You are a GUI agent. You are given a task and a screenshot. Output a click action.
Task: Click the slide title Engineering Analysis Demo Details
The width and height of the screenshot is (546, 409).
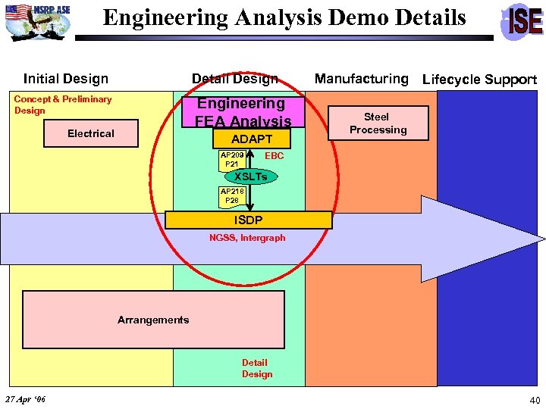point(284,18)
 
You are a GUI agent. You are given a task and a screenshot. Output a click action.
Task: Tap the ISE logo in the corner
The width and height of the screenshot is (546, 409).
point(522,21)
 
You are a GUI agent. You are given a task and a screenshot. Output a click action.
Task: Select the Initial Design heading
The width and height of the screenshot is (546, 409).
point(66,79)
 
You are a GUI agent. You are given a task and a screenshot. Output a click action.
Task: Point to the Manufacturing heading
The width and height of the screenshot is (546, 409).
point(361,79)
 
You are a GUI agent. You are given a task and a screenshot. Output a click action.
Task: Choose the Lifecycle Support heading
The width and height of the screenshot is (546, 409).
point(479,80)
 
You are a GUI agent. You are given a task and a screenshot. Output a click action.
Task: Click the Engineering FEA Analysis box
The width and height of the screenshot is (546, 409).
point(241,112)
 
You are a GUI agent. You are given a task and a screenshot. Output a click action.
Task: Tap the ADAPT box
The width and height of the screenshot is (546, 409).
point(252,139)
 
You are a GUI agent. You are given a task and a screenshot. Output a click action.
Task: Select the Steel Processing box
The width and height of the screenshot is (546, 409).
point(378,123)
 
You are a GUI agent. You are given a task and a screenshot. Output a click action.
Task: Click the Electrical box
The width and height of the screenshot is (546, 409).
point(90,133)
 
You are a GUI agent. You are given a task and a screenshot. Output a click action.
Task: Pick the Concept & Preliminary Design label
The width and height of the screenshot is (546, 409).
point(62,105)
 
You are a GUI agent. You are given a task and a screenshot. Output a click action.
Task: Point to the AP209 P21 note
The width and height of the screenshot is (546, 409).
point(231,159)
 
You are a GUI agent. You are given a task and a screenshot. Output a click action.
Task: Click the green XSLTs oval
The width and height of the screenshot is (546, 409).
point(250,176)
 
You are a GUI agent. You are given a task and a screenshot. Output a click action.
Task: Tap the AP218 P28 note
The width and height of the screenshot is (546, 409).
point(231,196)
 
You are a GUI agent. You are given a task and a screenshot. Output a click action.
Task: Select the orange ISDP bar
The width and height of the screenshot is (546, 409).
point(249,220)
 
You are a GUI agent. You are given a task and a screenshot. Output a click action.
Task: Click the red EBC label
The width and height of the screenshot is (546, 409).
point(275,156)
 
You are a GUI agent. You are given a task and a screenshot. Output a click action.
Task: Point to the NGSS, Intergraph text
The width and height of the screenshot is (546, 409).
point(247,238)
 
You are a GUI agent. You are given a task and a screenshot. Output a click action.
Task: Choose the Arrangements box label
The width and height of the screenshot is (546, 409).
point(153,320)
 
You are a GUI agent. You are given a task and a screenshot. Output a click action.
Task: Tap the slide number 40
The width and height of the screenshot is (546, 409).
point(535,400)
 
